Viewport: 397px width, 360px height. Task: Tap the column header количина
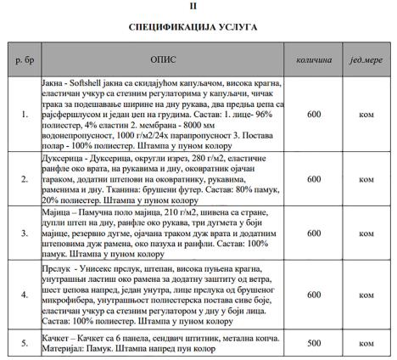point(314,62)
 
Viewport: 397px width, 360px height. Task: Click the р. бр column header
point(22,62)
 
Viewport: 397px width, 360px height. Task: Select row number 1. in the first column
point(22,114)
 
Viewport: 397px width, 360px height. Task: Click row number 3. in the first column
point(22,233)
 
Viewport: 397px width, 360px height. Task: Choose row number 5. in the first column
point(22,343)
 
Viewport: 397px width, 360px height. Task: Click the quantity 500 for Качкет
point(314,343)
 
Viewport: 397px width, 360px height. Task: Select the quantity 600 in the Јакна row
point(314,114)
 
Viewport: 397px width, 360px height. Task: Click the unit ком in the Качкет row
point(366,343)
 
